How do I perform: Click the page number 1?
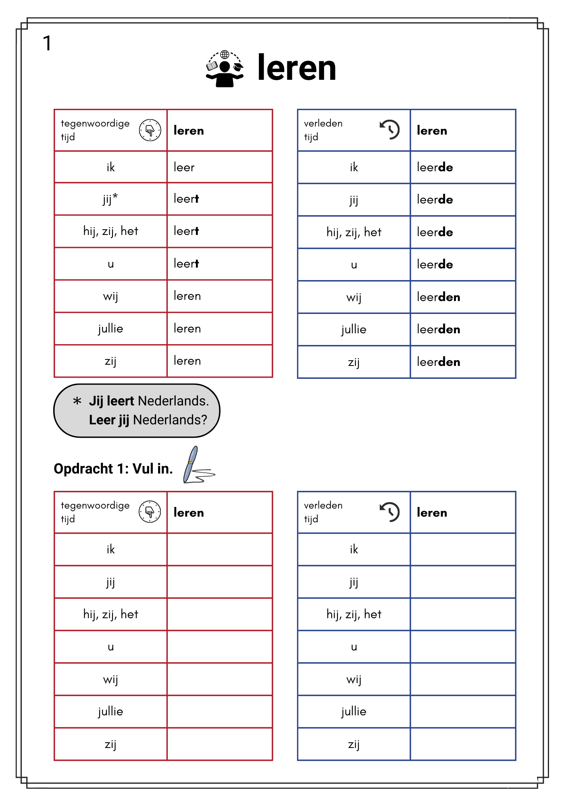point(47,43)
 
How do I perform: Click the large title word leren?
point(296,68)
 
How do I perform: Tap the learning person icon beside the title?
point(225,69)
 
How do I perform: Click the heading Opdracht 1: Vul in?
point(113,469)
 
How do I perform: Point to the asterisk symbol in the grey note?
point(77,401)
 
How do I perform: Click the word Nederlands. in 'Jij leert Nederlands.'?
point(173,401)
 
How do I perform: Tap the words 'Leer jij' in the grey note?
point(109,420)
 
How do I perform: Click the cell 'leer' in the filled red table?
point(184,167)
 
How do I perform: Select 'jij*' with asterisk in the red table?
point(110,199)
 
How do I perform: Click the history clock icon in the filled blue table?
point(390,130)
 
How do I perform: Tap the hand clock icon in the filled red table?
point(150,130)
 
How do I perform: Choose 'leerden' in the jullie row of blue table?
point(439,329)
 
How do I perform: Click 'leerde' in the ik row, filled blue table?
point(435,167)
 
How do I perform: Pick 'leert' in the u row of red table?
point(186,264)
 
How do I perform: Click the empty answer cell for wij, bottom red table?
point(220,679)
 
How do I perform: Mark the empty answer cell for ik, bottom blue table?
point(463,549)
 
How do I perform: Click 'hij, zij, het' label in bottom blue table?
point(354,614)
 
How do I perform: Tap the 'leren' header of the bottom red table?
point(189,513)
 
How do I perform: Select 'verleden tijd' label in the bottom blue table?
point(323,512)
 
